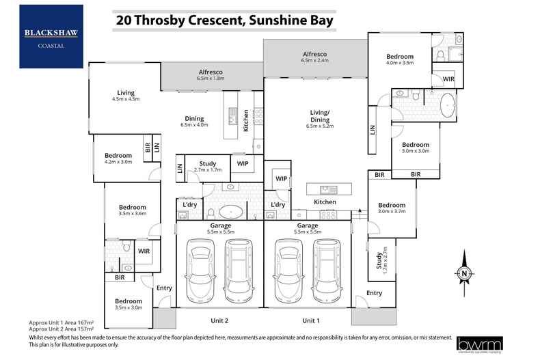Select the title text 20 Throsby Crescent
point(225,20)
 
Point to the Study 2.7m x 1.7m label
point(207,166)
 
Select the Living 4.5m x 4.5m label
point(125,96)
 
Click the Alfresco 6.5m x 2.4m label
point(314,57)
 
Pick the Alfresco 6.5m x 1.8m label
point(212,74)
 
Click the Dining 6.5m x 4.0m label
point(194,121)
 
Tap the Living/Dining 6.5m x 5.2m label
point(320,122)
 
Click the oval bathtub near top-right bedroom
point(447,107)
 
